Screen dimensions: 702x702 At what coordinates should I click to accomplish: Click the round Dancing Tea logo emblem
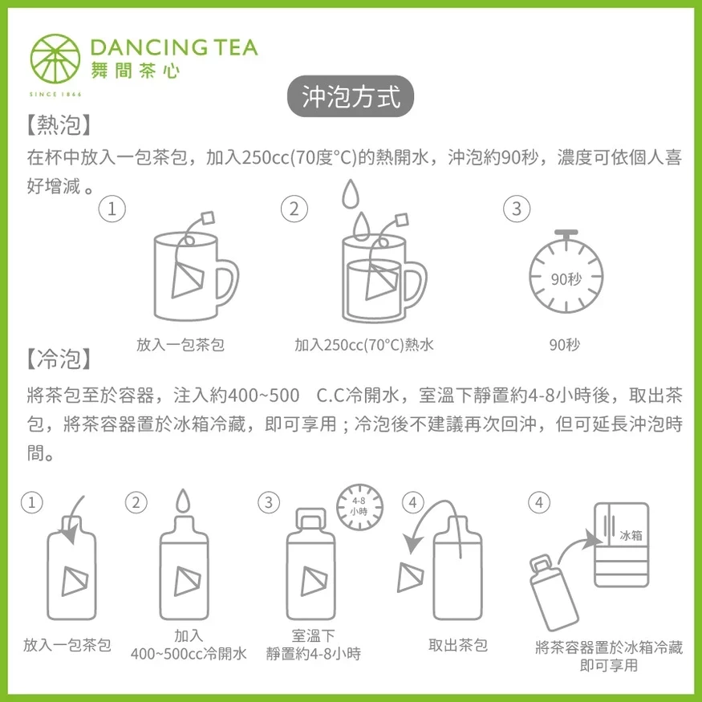point(55,59)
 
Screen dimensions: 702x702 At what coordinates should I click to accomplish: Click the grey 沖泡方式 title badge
point(350,96)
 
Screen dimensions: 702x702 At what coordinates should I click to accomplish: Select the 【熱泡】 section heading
point(59,125)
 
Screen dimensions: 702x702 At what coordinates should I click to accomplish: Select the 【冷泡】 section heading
point(59,359)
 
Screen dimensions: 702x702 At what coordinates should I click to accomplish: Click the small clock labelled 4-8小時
point(359,507)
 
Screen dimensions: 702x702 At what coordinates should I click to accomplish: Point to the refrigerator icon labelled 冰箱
point(622,545)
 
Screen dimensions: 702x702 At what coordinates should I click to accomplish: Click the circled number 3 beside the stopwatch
point(517,209)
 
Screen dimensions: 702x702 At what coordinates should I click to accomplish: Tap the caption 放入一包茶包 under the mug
point(181,345)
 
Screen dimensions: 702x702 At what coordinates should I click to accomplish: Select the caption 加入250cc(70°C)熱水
point(364,345)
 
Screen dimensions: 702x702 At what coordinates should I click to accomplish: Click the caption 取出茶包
point(458,645)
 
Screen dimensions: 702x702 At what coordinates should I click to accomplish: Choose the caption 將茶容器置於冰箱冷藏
point(609,647)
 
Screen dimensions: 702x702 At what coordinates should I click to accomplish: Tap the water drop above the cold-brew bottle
point(183,500)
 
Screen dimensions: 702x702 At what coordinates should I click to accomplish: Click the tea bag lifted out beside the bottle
point(410,577)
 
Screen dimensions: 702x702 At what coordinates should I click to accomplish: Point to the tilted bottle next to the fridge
point(554,593)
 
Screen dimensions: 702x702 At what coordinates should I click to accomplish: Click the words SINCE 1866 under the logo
point(55,95)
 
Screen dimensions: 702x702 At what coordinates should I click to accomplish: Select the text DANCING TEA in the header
point(174,47)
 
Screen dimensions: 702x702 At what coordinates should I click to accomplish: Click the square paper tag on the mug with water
point(402,221)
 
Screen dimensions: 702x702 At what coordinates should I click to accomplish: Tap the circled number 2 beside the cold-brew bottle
point(136,502)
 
